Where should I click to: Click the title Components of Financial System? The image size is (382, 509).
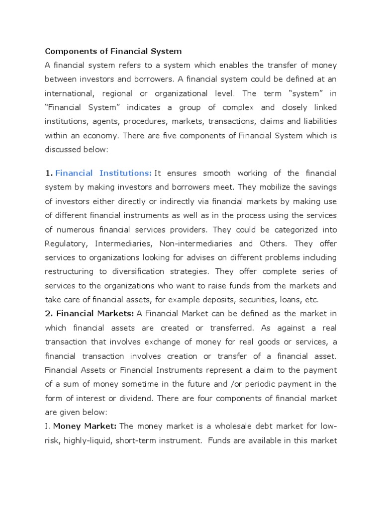pos(113,51)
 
